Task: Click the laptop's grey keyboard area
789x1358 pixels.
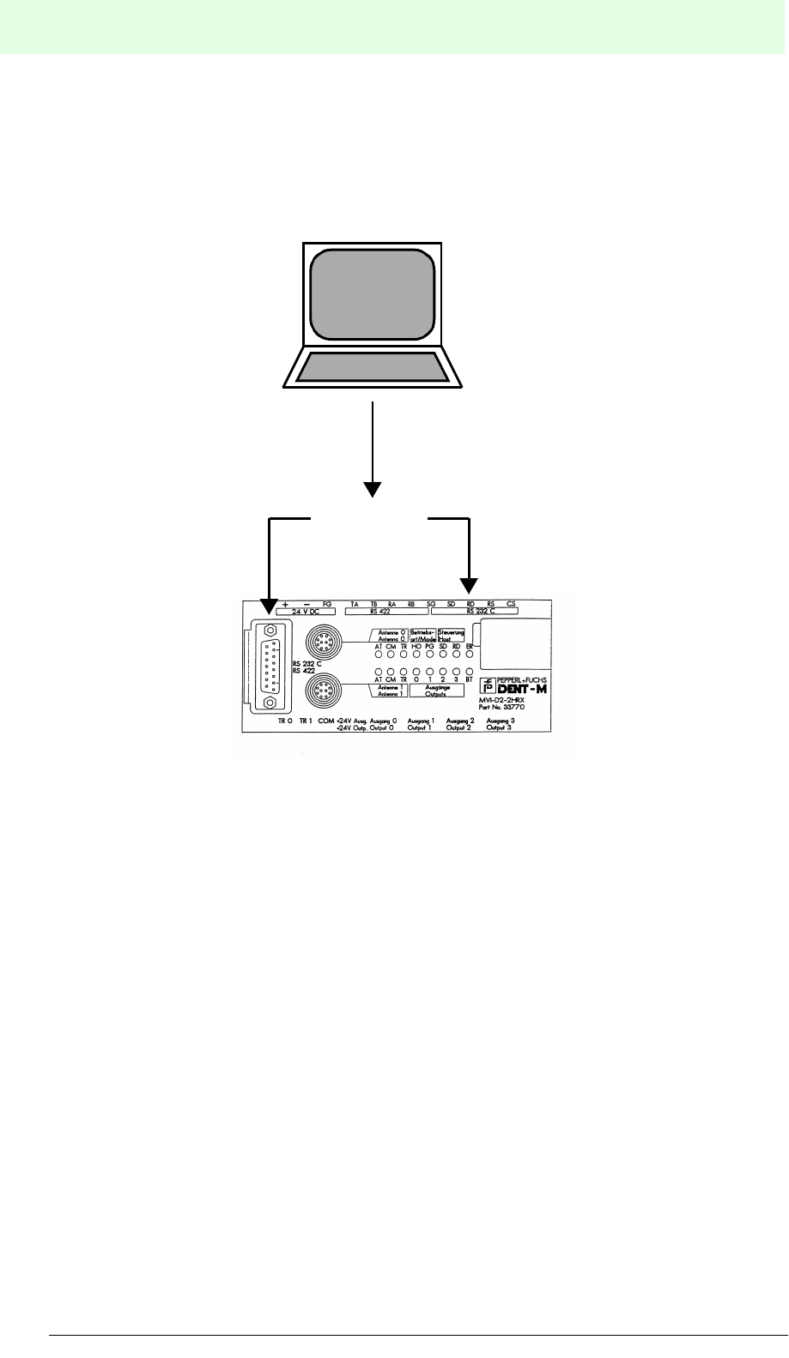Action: click(373, 367)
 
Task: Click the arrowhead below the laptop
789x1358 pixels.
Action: click(372, 490)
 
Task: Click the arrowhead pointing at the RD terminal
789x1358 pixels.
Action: click(470, 587)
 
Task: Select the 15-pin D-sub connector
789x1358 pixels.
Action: click(270, 666)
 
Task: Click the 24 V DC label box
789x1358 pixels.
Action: click(306, 613)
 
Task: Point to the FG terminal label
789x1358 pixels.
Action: click(326, 604)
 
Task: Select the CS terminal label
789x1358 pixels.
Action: click(511, 604)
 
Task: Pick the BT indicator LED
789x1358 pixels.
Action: click(470, 670)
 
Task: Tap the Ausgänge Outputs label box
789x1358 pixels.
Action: click(437, 691)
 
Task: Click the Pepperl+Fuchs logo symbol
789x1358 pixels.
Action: click(488, 685)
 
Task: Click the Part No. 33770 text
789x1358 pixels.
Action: click(501, 708)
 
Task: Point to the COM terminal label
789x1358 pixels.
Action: click(326, 722)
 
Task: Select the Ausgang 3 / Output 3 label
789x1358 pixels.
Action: click(500, 724)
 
